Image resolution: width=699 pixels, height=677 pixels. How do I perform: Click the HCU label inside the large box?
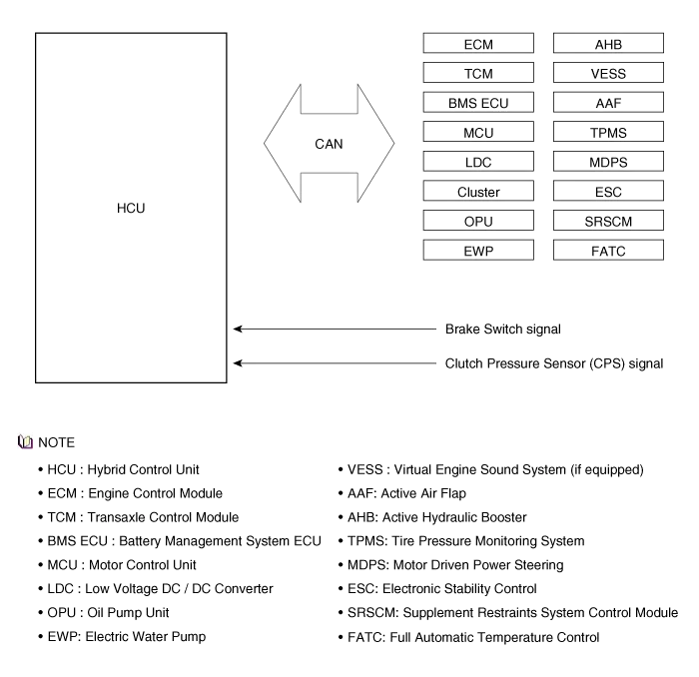(131, 208)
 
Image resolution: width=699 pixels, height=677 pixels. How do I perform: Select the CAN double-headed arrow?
(329, 144)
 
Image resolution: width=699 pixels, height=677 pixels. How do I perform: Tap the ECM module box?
(478, 44)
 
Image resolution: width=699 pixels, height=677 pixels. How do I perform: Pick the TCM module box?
(478, 73)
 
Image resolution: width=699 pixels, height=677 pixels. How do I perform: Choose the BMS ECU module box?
(478, 103)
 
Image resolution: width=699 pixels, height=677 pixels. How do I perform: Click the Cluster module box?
(478, 192)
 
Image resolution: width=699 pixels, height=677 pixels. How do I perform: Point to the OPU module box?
(478, 222)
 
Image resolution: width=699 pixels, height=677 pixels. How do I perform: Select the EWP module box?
(478, 251)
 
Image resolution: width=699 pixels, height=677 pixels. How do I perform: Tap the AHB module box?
(608, 44)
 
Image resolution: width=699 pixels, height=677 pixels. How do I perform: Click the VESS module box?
(608, 73)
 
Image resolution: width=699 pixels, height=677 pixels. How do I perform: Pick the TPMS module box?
(608, 133)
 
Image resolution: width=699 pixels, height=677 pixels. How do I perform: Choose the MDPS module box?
(608, 162)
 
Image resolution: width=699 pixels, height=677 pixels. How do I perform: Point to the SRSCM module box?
(608, 222)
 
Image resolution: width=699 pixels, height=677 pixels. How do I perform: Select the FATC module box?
(608, 251)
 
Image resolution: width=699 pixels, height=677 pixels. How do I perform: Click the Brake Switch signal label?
(503, 329)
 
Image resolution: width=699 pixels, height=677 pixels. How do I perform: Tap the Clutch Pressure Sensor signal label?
(552, 364)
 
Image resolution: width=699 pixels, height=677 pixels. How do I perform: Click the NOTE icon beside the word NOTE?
(26, 441)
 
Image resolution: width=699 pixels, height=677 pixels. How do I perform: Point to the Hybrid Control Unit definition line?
(124, 469)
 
